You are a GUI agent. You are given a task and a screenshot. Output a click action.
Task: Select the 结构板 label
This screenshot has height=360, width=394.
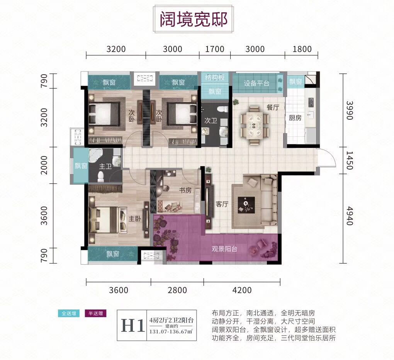215,77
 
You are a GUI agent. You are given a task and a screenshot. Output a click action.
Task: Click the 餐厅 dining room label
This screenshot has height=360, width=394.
273,108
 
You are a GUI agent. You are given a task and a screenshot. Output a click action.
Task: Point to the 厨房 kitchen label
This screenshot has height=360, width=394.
295,118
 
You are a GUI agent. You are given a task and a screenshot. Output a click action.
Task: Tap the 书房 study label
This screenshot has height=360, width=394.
185,190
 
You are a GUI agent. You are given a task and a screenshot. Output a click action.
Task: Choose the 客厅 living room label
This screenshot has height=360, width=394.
222,204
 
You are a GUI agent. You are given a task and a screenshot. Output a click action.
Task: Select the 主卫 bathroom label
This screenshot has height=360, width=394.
105,166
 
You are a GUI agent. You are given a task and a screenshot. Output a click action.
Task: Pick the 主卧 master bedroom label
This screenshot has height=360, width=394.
135,219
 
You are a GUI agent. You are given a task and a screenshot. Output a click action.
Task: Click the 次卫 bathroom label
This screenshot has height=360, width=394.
211,121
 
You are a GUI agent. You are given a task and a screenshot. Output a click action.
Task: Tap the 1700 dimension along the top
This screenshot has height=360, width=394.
215,49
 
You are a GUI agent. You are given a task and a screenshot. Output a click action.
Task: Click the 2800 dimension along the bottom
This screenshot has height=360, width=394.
177,290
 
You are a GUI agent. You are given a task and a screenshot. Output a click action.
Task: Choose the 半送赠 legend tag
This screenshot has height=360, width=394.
95,313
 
